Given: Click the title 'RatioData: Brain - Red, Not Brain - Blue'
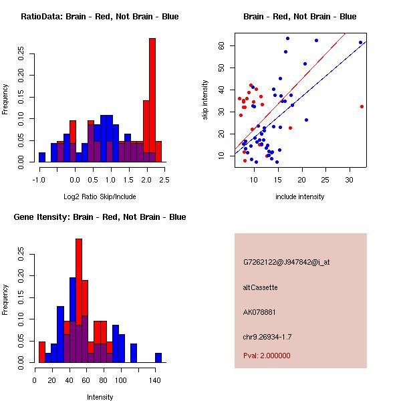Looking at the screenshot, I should click(100, 16).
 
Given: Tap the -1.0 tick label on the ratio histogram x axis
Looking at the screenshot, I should click(39, 179).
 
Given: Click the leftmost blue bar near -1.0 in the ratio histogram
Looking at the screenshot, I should click(42, 157).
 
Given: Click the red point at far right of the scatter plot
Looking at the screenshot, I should click(362, 106).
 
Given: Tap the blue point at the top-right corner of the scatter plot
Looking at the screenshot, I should click(360, 43).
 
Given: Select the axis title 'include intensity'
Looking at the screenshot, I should click(300, 196).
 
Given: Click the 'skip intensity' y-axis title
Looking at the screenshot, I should click(207, 100).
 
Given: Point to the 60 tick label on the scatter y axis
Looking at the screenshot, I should click(221, 45).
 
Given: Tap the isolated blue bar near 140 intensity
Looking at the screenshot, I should click(158, 358).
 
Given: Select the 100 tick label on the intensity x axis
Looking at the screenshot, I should click(120, 380).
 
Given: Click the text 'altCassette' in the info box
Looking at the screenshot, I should click(260, 287).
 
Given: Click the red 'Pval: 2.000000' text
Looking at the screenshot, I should click(267, 356).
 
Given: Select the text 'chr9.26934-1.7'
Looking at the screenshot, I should click(267, 336).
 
